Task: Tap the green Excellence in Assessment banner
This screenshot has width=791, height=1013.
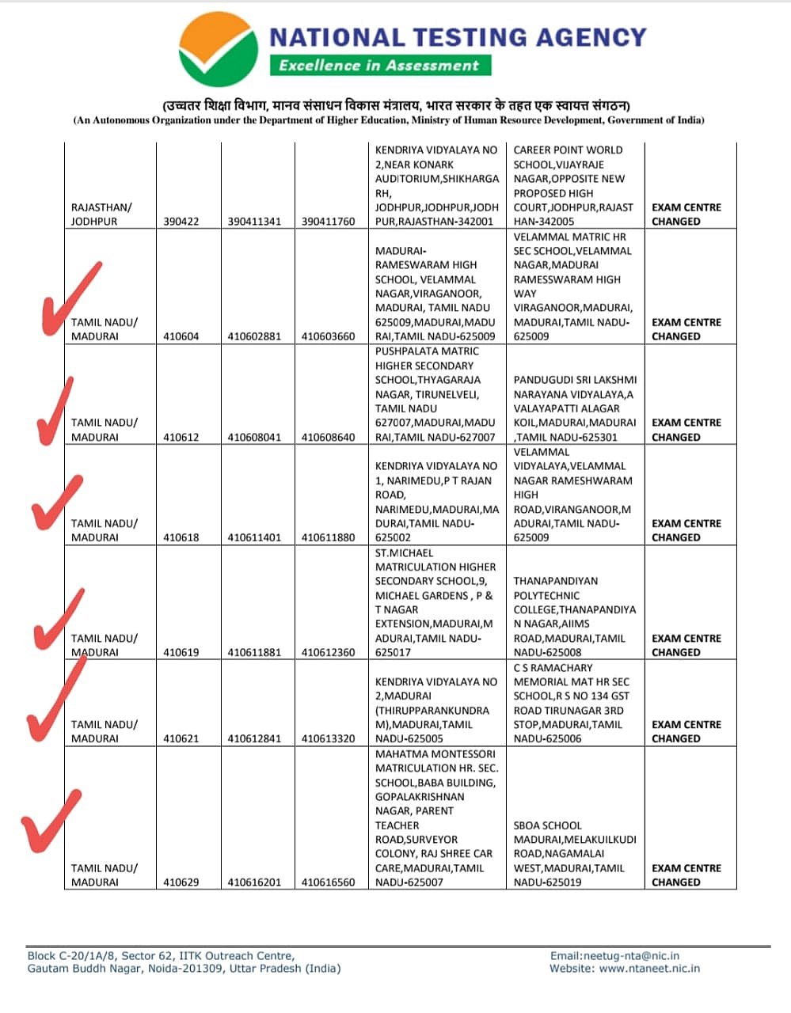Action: [x=379, y=66]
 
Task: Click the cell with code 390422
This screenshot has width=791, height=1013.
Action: [x=181, y=222]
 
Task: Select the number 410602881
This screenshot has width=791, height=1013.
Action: [x=254, y=336]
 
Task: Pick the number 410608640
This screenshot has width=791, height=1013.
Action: [x=329, y=437]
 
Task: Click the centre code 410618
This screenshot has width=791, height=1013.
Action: [x=181, y=537]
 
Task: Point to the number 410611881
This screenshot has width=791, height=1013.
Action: [x=254, y=653]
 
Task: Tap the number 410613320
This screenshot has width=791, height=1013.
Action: [x=329, y=739]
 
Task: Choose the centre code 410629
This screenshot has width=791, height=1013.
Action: [x=181, y=882]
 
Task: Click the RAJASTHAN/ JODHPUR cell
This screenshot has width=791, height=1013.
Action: [x=101, y=214]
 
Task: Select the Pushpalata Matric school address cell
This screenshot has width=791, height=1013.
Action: [x=435, y=394]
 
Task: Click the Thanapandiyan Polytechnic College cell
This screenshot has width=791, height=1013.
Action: [x=575, y=617]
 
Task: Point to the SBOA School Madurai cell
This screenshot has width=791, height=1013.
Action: [x=575, y=853]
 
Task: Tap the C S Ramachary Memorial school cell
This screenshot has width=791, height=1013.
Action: [x=575, y=703]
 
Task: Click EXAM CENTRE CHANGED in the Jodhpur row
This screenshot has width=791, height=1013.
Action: [x=686, y=214]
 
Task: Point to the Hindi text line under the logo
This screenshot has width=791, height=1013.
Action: [x=396, y=105]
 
